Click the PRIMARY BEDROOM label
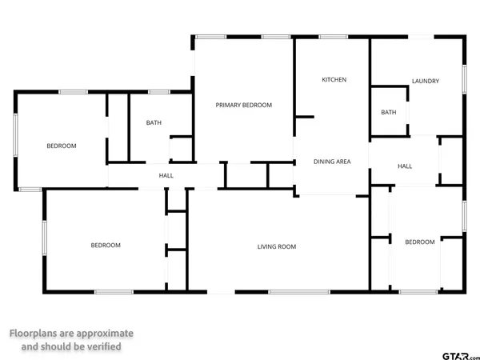244,105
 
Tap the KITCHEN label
334,79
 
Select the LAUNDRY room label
425,81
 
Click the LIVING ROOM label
277,246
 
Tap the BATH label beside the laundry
389,112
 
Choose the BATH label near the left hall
154,122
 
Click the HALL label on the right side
405,166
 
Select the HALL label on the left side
166,176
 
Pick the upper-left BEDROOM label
62,146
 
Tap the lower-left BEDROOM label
106,245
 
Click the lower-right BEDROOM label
420,242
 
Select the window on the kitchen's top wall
332,36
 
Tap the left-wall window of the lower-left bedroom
44,240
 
